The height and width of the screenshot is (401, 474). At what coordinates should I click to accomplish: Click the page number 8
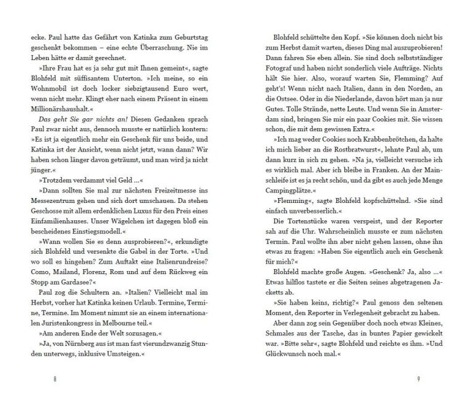(x=55, y=379)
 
